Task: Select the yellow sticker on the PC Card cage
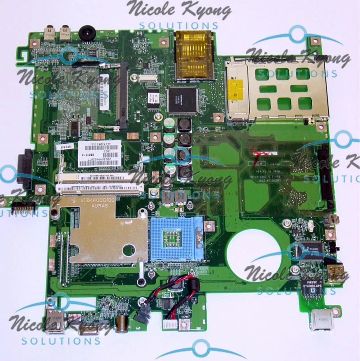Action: pos(236,89)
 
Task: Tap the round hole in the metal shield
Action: pos(129,249)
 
